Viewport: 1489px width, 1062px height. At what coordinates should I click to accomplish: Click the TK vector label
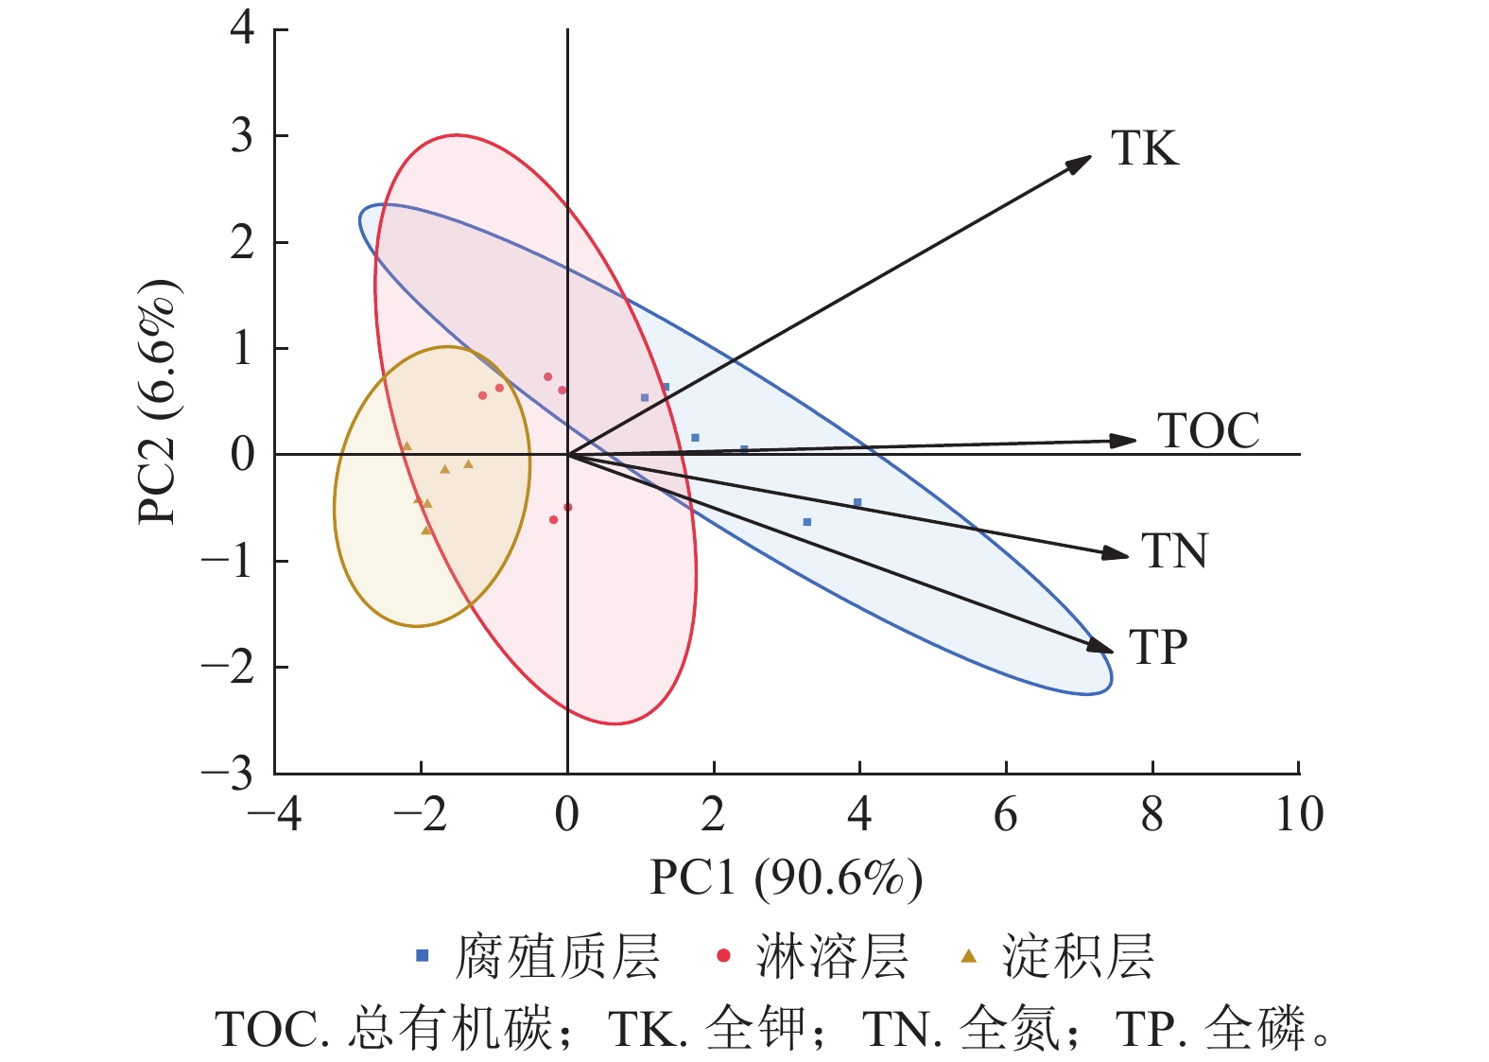pos(1144,148)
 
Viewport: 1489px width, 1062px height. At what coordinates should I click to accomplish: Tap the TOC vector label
pos(1208,431)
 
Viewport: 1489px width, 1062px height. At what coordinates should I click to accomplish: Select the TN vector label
pos(1174,551)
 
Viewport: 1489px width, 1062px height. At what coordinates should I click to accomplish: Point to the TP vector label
pos(1158,648)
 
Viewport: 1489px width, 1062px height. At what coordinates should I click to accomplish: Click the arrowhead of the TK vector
pos(1082,162)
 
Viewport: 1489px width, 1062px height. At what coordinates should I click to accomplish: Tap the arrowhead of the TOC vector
pos(1126,441)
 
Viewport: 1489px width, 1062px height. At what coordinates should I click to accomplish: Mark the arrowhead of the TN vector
pos(1118,554)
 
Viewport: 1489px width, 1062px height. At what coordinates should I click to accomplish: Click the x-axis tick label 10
pos(1299,814)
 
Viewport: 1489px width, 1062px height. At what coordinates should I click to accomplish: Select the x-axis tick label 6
pos(1006,814)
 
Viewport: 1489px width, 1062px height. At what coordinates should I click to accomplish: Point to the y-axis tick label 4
pos(243,27)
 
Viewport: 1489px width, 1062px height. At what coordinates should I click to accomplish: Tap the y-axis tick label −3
pos(228,775)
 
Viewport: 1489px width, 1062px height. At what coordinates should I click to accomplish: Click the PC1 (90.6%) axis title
pos(786,878)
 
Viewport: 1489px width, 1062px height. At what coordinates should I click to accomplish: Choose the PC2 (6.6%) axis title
pos(159,403)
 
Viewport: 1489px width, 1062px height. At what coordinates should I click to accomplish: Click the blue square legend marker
pos(423,956)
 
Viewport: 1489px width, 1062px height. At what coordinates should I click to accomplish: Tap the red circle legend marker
pos(723,956)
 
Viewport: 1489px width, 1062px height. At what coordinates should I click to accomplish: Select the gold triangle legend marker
pos(968,956)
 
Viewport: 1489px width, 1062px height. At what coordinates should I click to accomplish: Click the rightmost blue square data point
pos(857,503)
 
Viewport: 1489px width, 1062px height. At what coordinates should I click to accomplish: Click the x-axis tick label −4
pos(274,814)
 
